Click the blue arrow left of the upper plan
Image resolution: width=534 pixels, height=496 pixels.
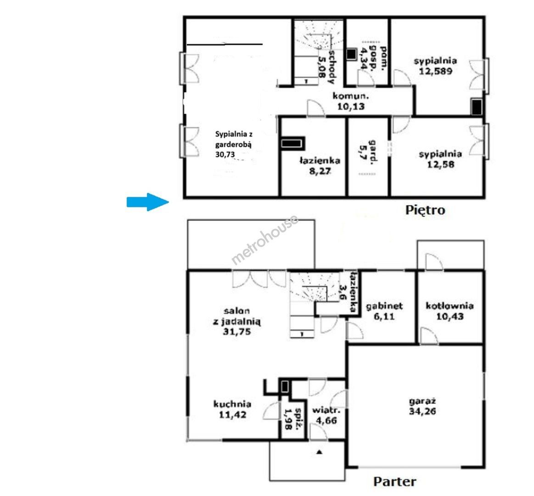tap(148, 202)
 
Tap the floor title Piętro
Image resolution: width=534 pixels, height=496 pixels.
tap(425, 210)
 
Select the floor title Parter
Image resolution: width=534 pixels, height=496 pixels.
tap(395, 482)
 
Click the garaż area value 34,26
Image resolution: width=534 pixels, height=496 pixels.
tap(422, 411)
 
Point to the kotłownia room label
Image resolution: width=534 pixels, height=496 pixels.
tap(450, 305)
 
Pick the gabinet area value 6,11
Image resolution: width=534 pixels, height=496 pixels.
tap(384, 316)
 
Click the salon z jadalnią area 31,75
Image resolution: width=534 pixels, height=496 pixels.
tap(236, 332)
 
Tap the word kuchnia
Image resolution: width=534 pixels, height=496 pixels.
tap(232, 404)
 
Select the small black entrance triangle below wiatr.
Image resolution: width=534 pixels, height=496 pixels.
tap(319, 452)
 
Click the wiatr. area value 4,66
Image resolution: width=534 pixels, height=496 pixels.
tap(326, 420)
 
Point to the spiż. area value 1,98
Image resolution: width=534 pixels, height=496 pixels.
tap(288, 419)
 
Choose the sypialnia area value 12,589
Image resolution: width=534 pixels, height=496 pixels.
tap(436, 71)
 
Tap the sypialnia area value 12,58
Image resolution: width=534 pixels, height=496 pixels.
tap(441, 164)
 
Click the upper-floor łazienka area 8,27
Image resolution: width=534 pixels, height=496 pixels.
tap(320, 171)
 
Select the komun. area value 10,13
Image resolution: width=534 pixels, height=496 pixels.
tap(351, 107)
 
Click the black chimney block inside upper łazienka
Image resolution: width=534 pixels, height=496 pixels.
tap(292, 143)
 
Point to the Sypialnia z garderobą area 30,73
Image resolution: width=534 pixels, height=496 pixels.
tap(225, 154)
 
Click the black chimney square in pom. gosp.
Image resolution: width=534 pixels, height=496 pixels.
tap(351, 54)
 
